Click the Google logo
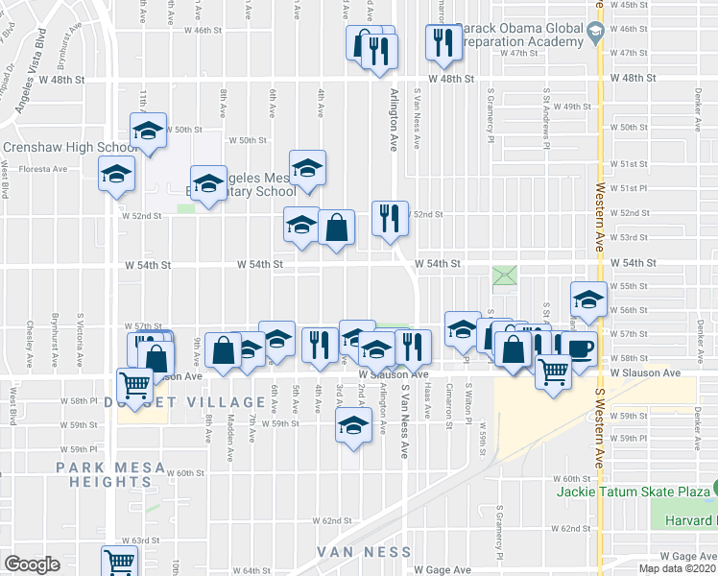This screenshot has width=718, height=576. coord(32,564)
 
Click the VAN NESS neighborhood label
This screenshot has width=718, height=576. coord(365,553)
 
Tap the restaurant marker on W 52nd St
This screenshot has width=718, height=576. coord(390,217)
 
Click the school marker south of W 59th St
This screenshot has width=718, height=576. coord(353,423)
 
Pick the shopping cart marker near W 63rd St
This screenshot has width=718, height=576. coord(119,561)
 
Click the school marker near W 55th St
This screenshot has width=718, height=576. coord(587,297)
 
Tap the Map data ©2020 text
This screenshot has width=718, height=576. coord(678,568)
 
